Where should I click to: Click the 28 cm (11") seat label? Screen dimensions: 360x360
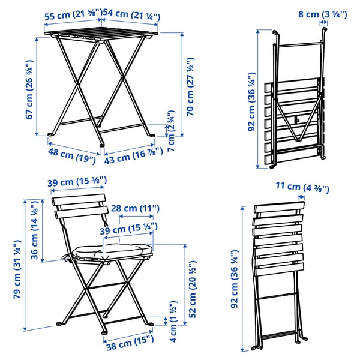139,208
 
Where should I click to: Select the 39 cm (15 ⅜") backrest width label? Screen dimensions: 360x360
77,181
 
